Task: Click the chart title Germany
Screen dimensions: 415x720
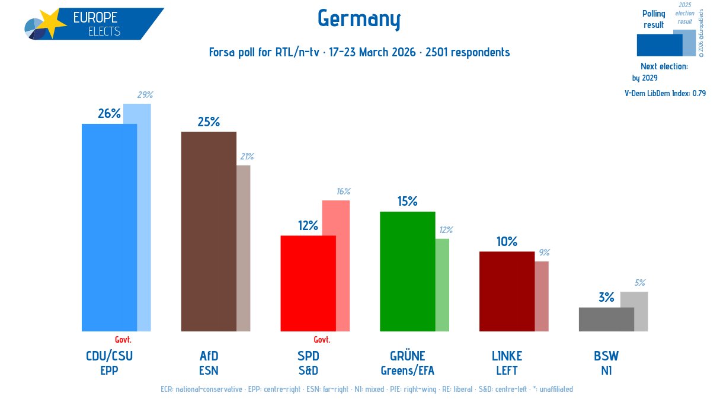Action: [x=359, y=19]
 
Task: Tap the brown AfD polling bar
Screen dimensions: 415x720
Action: [x=209, y=231]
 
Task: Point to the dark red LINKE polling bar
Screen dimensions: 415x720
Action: [x=507, y=291]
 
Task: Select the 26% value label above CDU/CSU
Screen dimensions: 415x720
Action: [x=109, y=114]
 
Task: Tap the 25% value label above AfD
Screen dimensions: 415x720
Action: [x=209, y=122]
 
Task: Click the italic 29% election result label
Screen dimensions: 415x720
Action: [x=145, y=95]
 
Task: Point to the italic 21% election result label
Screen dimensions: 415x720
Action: [x=247, y=157]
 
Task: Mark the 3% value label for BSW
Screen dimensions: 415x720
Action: [x=606, y=298]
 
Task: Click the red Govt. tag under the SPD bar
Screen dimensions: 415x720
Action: [x=322, y=340]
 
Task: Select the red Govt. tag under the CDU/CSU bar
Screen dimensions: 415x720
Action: [x=123, y=340]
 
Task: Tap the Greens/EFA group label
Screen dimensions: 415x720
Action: [x=408, y=371]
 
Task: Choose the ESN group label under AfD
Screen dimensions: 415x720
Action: [x=209, y=371]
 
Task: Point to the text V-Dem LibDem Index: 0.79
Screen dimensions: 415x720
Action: [x=665, y=93]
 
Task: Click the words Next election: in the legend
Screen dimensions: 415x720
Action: [x=664, y=66]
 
